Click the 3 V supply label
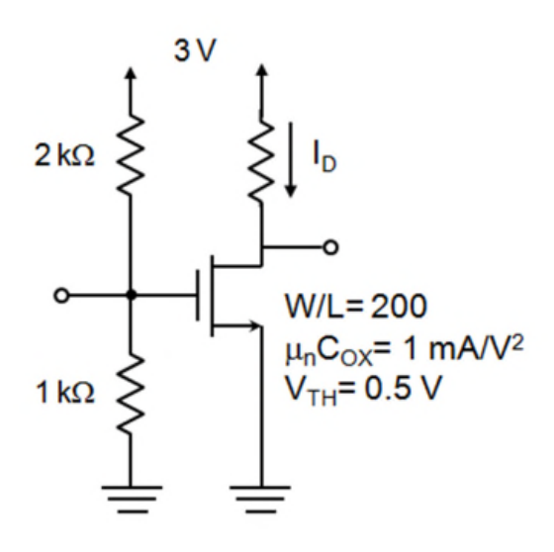pyautogui.click(x=195, y=50)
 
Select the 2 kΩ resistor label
pyautogui.click(x=64, y=156)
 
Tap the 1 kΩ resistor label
pyautogui.click(x=65, y=393)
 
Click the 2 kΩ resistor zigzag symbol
pyautogui.click(x=130, y=154)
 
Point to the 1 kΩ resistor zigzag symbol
pyautogui.click(x=130, y=394)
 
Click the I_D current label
pyautogui.click(x=324, y=156)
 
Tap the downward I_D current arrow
pyautogui.click(x=291, y=159)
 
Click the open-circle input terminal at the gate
pyautogui.click(x=61, y=295)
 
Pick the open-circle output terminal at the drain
pyautogui.click(x=330, y=247)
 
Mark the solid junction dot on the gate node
pyautogui.click(x=131, y=295)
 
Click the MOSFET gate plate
pyautogui.click(x=198, y=295)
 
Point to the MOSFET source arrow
pyautogui.click(x=236, y=325)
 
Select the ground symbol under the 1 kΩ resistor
pyautogui.click(x=132, y=499)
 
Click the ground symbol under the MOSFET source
pyautogui.click(x=260, y=499)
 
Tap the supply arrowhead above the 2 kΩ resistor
pyautogui.click(x=131, y=73)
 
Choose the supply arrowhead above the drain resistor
pyautogui.click(x=261, y=70)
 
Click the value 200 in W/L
pyautogui.click(x=400, y=306)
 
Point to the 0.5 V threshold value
pyautogui.click(x=403, y=388)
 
